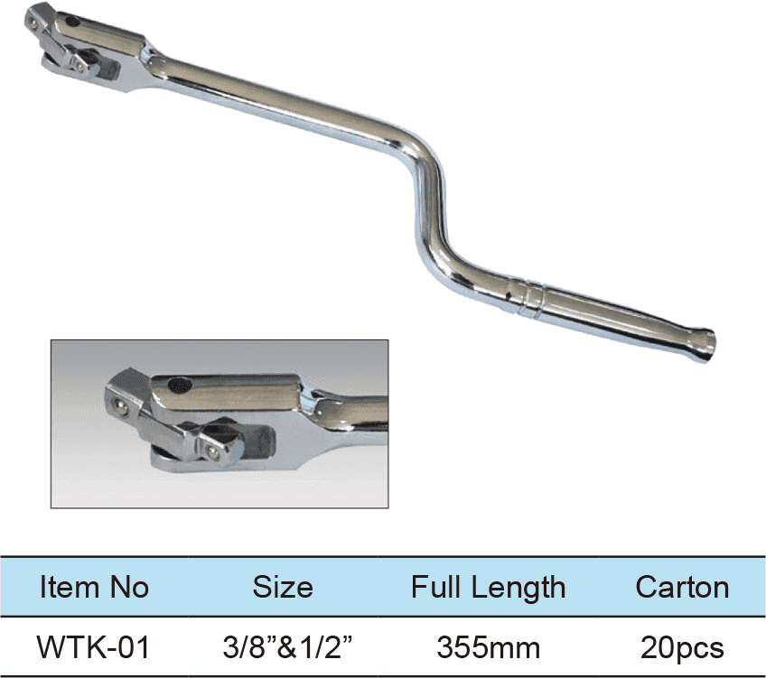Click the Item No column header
(x=94, y=588)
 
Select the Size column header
(x=282, y=588)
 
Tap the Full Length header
(x=488, y=588)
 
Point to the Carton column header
(x=682, y=588)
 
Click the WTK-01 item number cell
(x=94, y=647)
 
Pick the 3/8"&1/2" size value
(x=283, y=647)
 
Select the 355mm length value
(x=488, y=647)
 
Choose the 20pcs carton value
(x=682, y=647)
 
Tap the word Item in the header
(x=63, y=588)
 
